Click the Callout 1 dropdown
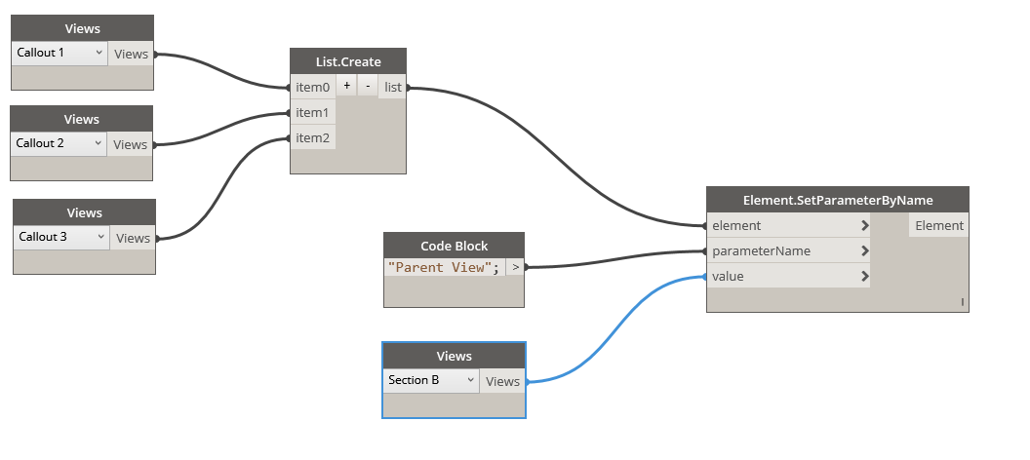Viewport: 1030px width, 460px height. coord(59,54)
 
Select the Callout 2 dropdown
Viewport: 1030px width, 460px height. coord(58,143)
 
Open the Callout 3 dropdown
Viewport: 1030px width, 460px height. coord(60,237)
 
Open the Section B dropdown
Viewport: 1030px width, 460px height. coord(430,380)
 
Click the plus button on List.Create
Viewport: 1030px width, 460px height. coord(346,86)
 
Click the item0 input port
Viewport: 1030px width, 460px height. coord(313,88)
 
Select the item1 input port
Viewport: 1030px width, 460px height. coord(313,113)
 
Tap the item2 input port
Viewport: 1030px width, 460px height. coord(313,138)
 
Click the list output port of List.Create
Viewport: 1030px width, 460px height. coord(393,88)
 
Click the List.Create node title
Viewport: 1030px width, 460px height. coord(348,61)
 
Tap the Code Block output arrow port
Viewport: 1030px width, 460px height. coord(515,267)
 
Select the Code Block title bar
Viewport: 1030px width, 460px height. coord(454,246)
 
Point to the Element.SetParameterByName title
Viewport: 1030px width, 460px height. coord(838,200)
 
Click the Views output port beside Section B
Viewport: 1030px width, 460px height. coord(502,382)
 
